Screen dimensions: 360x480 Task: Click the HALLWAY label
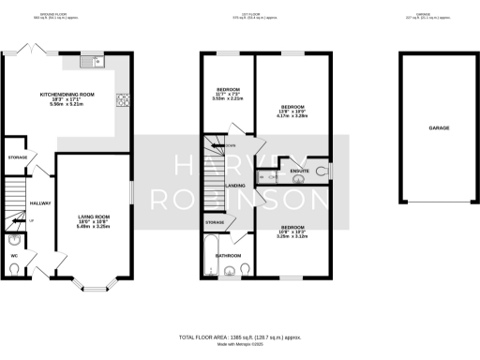click(x=41, y=202)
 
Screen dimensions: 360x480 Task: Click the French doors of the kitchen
click(x=35, y=47)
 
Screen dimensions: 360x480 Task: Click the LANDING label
click(x=237, y=186)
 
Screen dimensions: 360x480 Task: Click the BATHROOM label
click(x=230, y=255)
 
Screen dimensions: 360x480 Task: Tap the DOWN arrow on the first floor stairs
click(x=230, y=145)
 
